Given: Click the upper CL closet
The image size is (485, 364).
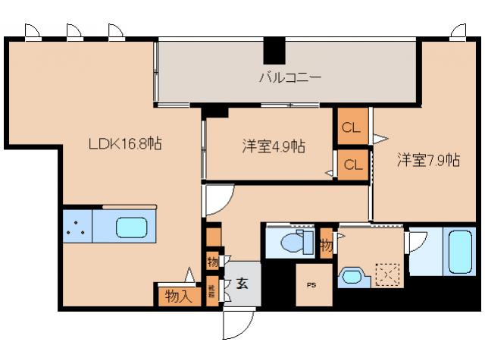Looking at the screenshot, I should [351, 127].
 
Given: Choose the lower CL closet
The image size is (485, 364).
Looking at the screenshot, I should [351, 164].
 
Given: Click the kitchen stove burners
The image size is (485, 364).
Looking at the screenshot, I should [77, 226].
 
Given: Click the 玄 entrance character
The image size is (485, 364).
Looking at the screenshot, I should [242, 284].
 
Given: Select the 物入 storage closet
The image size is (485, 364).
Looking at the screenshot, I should [179, 296].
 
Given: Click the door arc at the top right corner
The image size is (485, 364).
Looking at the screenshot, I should [459, 30].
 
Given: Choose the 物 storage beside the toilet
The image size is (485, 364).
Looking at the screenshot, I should [326, 244].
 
